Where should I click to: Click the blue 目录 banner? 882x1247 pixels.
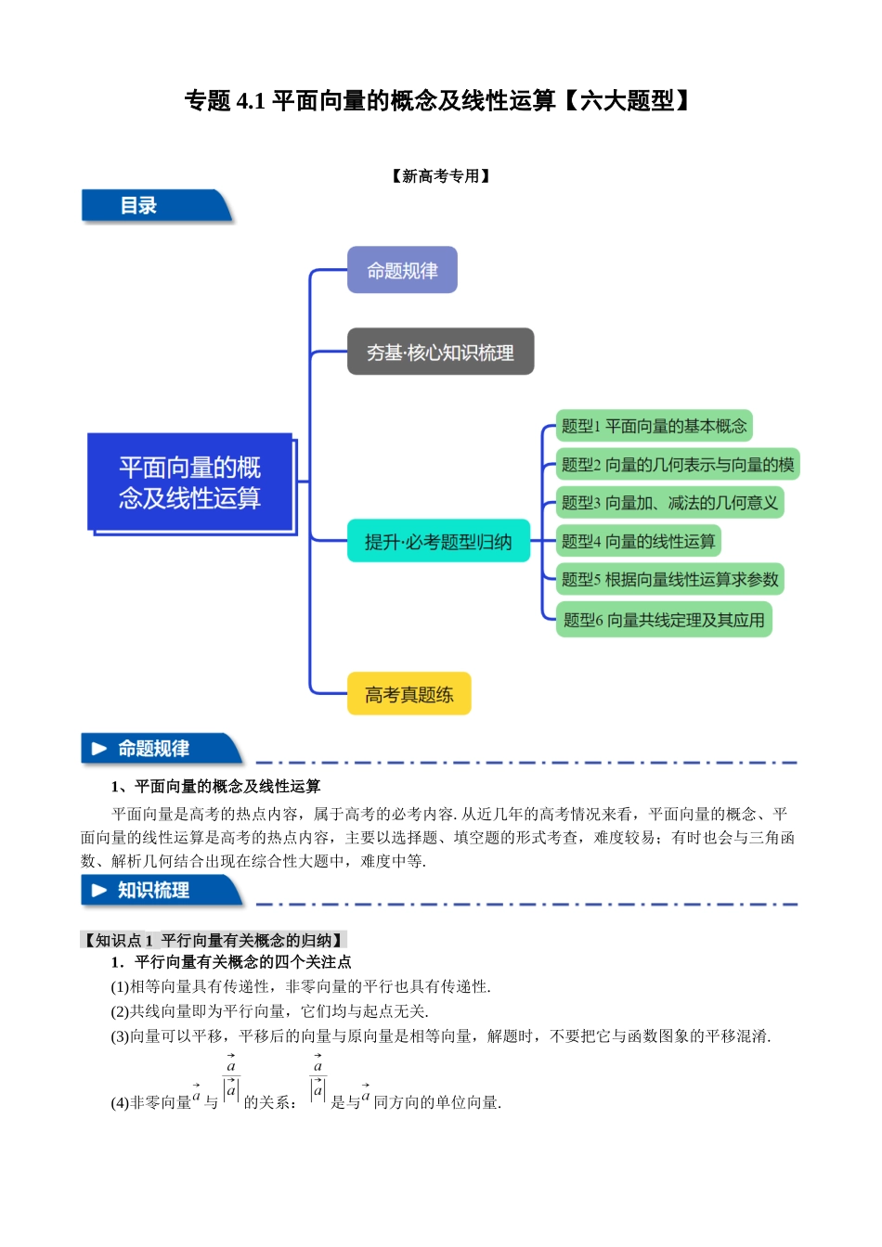click(153, 206)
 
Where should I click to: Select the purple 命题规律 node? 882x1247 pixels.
click(402, 270)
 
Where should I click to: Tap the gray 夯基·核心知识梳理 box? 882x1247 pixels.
click(440, 352)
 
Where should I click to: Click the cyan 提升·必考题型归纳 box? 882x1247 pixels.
click(438, 541)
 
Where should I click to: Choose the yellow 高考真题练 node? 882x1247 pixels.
click(409, 694)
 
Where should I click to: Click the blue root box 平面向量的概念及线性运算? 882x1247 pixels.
click(190, 482)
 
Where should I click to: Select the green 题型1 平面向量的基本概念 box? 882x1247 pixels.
click(654, 426)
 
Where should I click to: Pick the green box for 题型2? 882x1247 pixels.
click(677, 464)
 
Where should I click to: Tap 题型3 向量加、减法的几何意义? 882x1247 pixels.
click(668, 503)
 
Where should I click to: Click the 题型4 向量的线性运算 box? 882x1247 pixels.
click(638, 541)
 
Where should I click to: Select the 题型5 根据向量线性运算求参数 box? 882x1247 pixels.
click(669, 579)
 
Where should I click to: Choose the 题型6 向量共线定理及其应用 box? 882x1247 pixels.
click(664, 620)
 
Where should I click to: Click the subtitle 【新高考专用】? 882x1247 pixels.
click(441, 176)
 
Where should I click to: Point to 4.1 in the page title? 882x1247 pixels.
click(251, 101)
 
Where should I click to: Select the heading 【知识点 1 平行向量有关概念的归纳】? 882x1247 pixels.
click(214, 940)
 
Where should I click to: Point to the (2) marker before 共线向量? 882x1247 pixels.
click(119, 1011)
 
